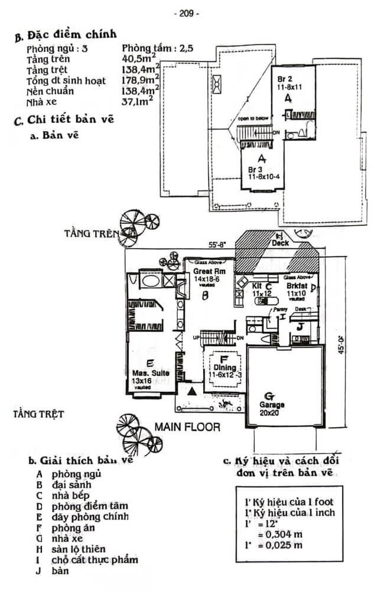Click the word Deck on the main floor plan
coord(280,243)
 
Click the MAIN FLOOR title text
coord(188,426)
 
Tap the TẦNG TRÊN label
coord(91,233)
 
